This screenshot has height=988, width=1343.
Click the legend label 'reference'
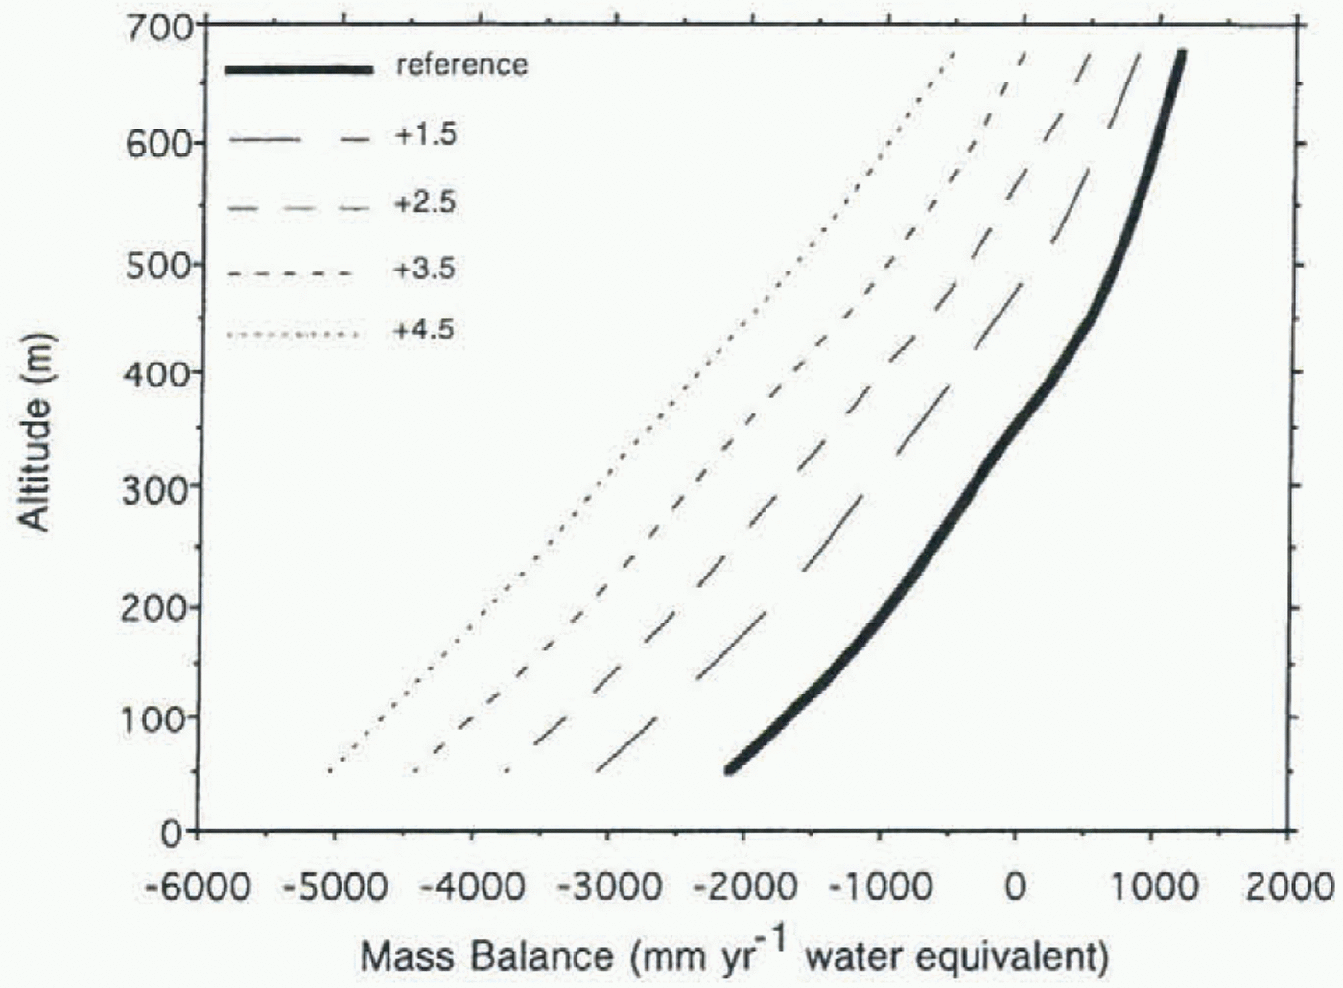[461, 65]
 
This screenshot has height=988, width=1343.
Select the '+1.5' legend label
[425, 134]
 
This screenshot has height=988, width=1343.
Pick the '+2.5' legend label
[425, 203]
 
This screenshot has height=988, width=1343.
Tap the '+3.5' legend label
[425, 270]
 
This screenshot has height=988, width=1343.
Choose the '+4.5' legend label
[425, 331]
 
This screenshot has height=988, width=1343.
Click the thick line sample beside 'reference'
[299, 68]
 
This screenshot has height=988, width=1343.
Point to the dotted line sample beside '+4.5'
[295, 335]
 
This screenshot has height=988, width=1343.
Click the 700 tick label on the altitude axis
[158, 28]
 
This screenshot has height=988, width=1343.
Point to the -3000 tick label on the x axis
[608, 886]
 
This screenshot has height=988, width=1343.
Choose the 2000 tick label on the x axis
[1289, 886]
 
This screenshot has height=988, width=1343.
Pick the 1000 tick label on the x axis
[1154, 886]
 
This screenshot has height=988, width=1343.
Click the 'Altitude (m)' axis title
[35, 432]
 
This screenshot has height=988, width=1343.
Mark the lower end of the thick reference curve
[731, 767]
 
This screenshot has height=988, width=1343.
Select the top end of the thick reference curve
[1181, 55]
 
